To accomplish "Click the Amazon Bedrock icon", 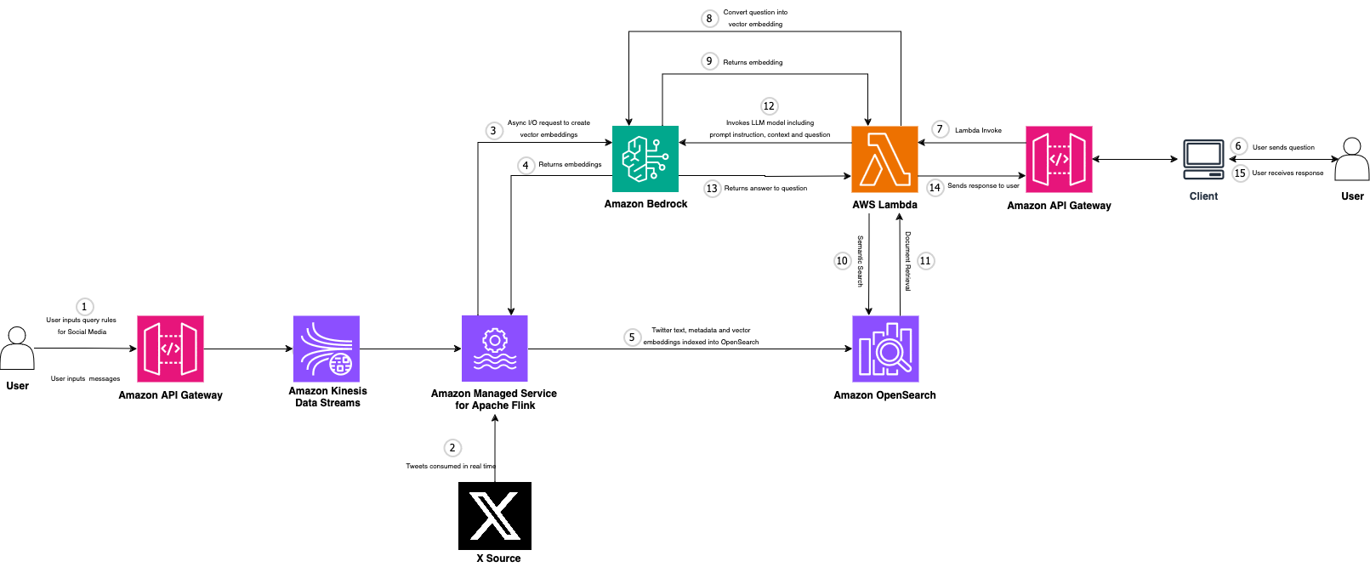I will (645, 159).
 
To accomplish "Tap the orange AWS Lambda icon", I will (884, 159).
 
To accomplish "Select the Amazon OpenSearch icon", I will (885, 349).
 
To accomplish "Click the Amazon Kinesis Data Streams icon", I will (327, 349).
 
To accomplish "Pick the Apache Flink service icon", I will (494, 349).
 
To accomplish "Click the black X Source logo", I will (495, 516).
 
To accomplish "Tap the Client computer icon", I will (1203, 160).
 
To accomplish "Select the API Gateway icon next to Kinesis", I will (170, 349).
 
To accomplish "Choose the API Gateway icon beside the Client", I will (1059, 160).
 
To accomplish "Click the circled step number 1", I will (84, 307).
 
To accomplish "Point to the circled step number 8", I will (709, 19).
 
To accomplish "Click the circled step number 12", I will (769, 106).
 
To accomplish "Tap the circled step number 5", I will (632, 337).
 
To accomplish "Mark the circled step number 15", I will (1240, 173).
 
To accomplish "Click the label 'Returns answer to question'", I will (765, 189).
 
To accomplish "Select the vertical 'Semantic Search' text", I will (860, 261).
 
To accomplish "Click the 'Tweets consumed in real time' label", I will (450, 466).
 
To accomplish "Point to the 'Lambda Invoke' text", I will (978, 130).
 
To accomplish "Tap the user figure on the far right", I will (1351, 160).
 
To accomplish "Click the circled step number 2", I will (452, 448).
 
